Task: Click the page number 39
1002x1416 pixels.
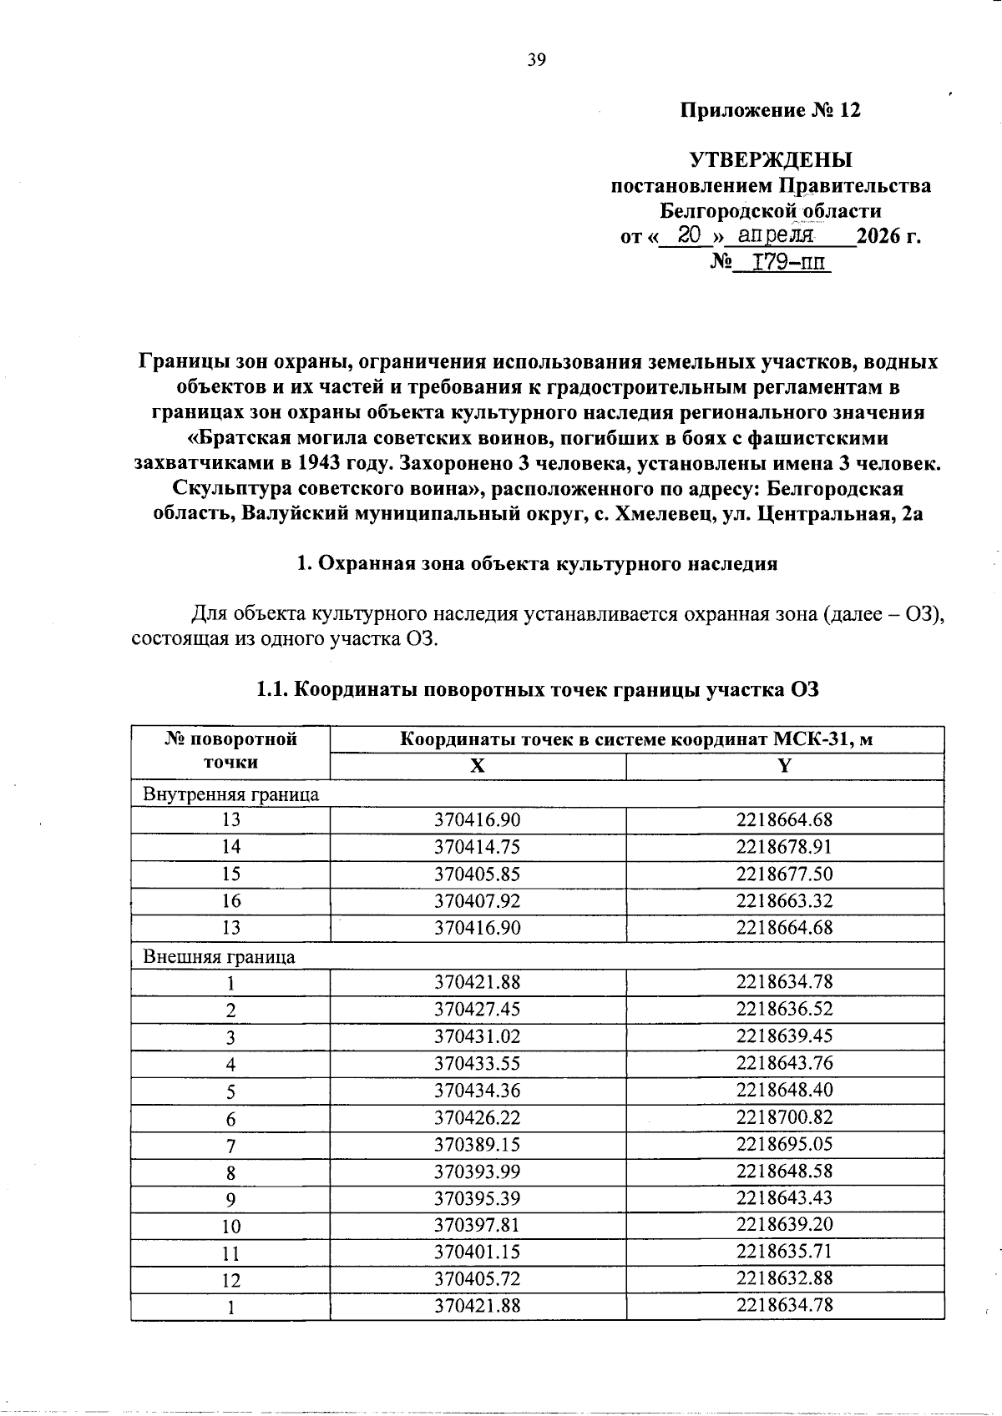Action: (536, 59)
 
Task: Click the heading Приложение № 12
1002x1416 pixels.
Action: (770, 111)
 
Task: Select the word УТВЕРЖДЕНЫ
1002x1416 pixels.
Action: (770, 159)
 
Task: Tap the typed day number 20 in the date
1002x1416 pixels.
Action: (688, 236)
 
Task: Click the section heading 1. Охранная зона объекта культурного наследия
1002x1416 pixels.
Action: (537, 563)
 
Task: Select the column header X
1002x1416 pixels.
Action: (477, 766)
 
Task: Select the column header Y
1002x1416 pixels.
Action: (784, 766)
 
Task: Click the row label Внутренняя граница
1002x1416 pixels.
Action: (231, 794)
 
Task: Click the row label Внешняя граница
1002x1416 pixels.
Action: (220, 956)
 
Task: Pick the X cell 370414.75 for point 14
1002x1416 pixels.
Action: (477, 847)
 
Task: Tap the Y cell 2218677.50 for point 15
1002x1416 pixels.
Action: (784, 874)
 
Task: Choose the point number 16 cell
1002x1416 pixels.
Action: (230, 901)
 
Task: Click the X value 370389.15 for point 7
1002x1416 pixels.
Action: (477, 1144)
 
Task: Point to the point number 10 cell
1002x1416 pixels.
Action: (230, 1226)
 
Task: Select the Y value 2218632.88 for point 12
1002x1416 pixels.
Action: (784, 1278)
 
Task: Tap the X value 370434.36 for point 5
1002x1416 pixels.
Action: (477, 1090)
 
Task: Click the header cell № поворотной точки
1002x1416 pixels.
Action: (230, 750)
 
